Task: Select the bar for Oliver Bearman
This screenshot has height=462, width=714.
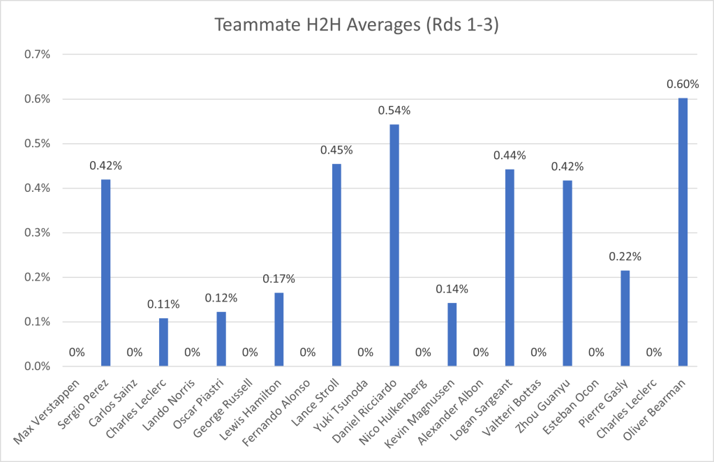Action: pos(683,232)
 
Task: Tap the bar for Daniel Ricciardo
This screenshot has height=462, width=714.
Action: pos(394,245)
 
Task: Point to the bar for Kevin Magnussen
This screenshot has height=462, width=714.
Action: pos(452,334)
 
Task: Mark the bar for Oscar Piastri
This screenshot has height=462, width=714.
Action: pos(221,338)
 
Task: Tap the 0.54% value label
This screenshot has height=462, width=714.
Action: pos(394,110)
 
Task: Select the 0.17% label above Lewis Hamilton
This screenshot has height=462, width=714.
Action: pos(278,279)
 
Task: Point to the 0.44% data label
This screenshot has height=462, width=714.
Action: pos(510,155)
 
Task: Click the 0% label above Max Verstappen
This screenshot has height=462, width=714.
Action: pos(77,352)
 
